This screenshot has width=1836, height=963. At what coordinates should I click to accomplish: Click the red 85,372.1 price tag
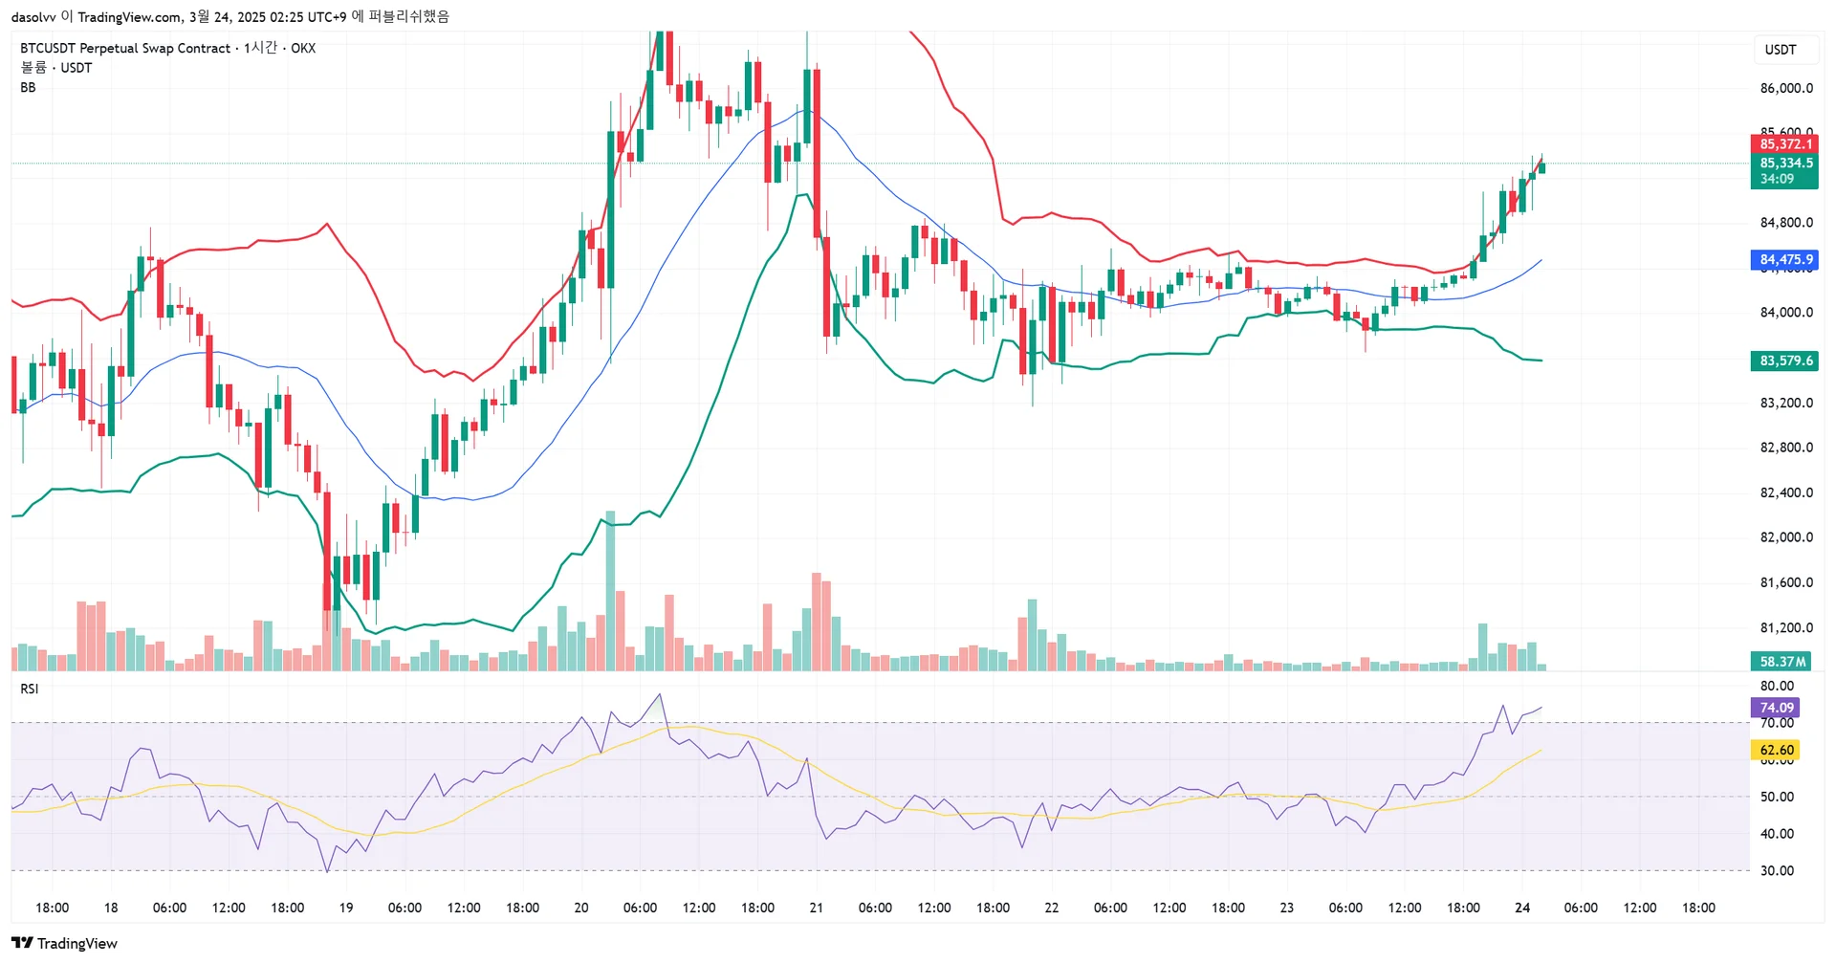[1784, 144]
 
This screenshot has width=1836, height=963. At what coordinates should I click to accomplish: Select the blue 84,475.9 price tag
[1784, 259]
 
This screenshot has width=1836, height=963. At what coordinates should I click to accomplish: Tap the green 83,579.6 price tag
[1784, 361]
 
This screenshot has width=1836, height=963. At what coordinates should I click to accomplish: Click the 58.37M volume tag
[1782, 661]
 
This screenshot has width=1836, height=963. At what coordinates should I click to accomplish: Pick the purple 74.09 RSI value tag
[1776, 708]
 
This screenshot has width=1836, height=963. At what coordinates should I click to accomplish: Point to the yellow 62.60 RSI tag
[1776, 750]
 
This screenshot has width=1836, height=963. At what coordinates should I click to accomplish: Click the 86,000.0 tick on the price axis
[1785, 88]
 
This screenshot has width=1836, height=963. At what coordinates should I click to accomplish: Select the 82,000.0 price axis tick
[1785, 537]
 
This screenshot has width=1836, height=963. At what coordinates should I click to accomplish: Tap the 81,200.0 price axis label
[1785, 627]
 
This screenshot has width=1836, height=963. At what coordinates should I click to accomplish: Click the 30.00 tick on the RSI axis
[1777, 870]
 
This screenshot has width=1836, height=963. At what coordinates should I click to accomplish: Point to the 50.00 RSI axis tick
[1777, 797]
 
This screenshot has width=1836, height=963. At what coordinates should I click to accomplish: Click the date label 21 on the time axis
[816, 908]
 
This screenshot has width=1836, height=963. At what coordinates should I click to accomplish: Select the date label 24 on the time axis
[1522, 908]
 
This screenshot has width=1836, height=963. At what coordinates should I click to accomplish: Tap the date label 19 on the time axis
[346, 908]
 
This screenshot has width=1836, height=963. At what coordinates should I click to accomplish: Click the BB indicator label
[28, 87]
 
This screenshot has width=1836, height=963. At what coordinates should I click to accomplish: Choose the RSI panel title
[30, 689]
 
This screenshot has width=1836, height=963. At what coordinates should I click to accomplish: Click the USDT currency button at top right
[1780, 50]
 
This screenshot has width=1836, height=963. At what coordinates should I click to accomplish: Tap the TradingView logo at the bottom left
[64, 943]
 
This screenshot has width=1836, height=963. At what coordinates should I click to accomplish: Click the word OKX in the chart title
[303, 48]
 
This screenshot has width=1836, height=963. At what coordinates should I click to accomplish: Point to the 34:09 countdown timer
[1777, 179]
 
